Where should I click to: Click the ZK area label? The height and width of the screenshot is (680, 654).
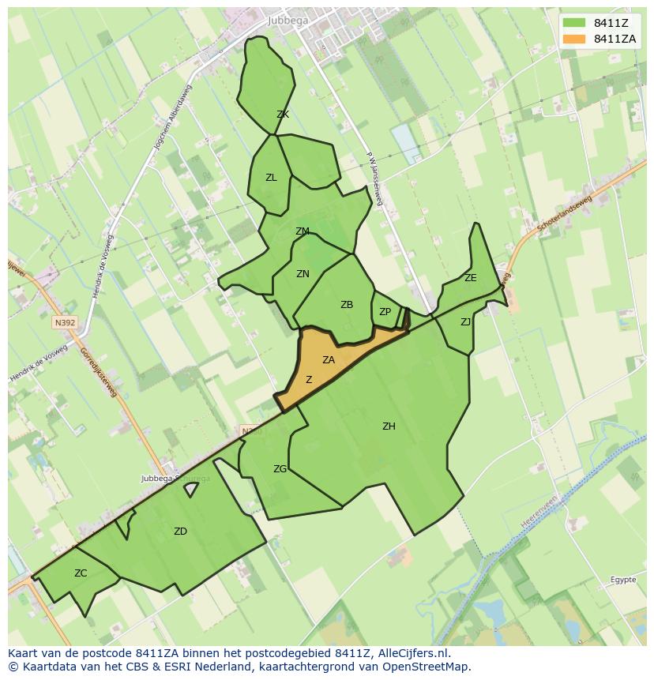coord(283,115)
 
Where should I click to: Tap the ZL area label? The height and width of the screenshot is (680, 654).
coord(271,178)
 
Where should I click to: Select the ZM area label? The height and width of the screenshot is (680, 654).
coord(302,231)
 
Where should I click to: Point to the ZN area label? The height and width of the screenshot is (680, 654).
coord(303,274)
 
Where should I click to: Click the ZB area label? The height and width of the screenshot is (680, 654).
coord(347,305)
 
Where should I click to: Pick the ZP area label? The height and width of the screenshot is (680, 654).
coord(385,312)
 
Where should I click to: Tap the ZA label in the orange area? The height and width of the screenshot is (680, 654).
coord(329,360)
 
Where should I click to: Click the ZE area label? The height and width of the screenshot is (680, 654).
coord(471,278)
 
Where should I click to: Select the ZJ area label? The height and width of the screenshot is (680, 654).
coord(465,321)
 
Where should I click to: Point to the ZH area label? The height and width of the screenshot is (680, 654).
coord(389,426)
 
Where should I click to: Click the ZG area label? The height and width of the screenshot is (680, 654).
coord(280,469)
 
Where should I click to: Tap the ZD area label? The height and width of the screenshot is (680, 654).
coord(180,532)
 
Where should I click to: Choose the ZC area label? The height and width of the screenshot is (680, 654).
coord(81,573)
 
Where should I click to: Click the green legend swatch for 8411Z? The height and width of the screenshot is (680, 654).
coord(574,23)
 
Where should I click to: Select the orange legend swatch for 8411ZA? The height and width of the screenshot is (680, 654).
coord(574,39)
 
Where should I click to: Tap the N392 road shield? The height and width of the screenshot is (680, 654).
coord(65,322)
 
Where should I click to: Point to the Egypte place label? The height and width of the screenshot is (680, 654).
coord(622,580)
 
